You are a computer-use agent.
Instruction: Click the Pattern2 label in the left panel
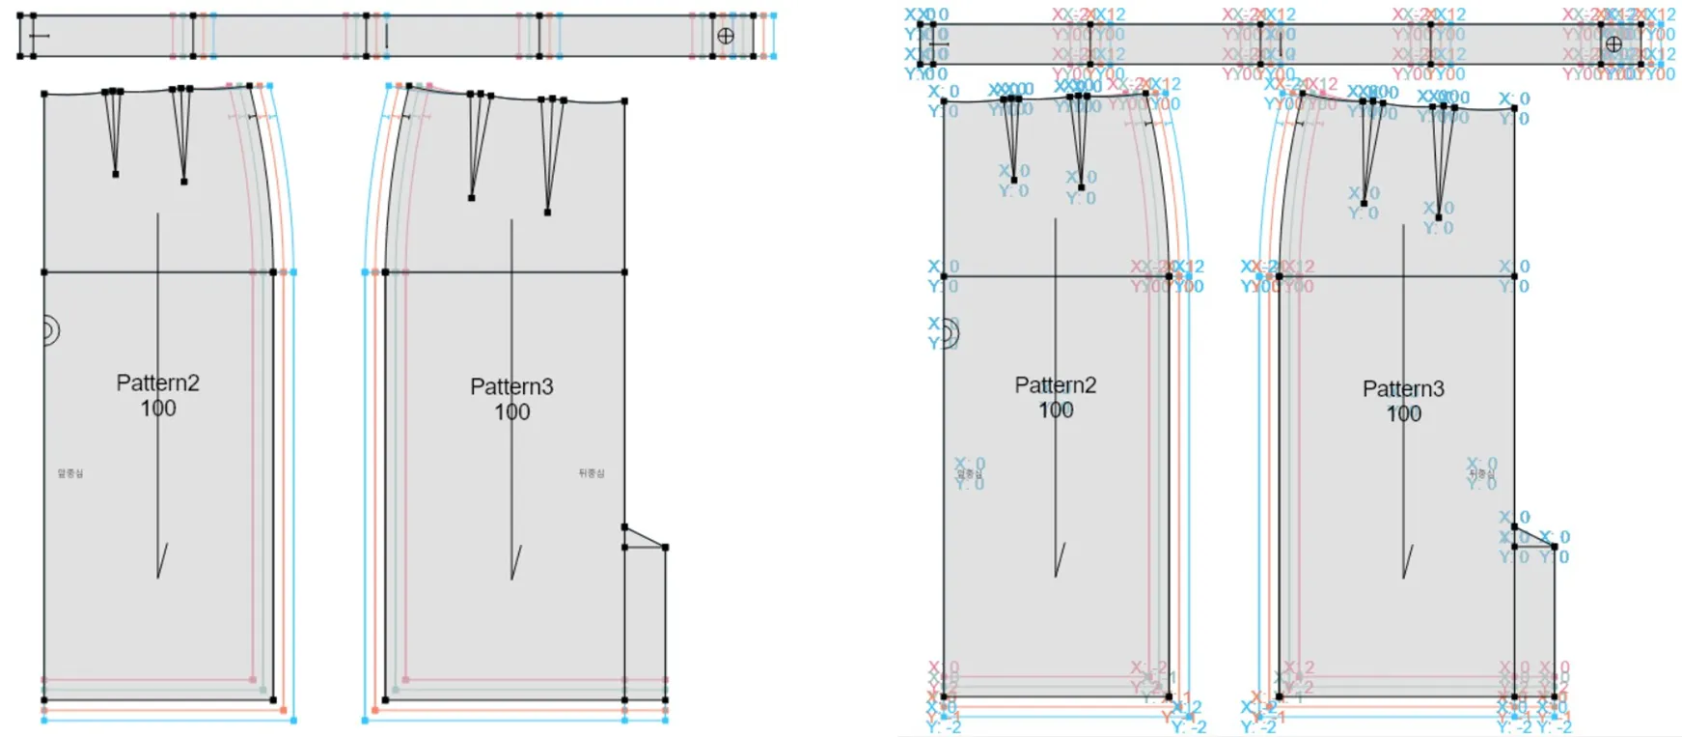tap(157, 383)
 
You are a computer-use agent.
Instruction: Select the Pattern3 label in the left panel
tap(511, 386)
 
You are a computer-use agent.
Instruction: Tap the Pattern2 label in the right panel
tap(1055, 384)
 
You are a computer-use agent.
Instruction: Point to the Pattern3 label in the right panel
tap(1403, 388)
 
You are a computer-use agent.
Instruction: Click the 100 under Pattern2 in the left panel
tap(158, 409)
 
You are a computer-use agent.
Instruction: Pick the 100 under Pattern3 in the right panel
tap(1404, 414)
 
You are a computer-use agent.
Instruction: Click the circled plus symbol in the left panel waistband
tap(726, 37)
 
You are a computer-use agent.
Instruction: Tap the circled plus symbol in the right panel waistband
tap(1613, 43)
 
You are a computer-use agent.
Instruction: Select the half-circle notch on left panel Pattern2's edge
tap(50, 331)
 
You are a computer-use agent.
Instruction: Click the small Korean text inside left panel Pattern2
tap(70, 473)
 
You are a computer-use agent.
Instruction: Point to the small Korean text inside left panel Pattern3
tap(592, 473)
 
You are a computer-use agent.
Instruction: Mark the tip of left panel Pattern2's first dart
tap(116, 174)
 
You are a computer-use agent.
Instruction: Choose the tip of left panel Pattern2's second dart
tap(183, 182)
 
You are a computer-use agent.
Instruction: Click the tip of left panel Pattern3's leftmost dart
tap(471, 198)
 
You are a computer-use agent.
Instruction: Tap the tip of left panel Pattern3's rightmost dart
tap(547, 212)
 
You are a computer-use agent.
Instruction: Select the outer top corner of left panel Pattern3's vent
tap(665, 548)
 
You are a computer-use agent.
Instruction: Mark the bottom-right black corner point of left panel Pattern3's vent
tap(665, 699)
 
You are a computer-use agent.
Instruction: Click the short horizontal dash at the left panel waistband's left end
tap(39, 37)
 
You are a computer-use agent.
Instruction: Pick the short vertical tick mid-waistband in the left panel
tap(386, 37)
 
